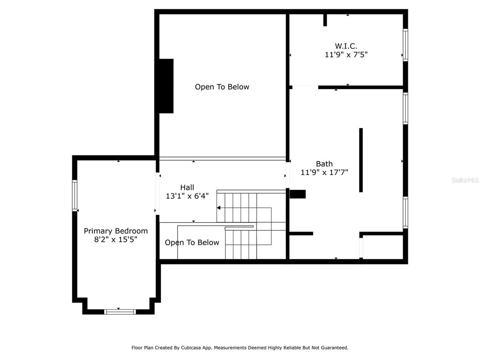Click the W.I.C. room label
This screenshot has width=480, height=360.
[x=346, y=46]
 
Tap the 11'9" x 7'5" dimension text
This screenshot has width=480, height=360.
[x=346, y=55]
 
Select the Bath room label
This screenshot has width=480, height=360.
[x=324, y=164]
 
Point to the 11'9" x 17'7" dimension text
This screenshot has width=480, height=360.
[x=324, y=172]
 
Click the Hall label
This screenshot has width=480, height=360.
[x=187, y=187]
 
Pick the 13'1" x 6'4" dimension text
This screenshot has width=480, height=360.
[x=187, y=196]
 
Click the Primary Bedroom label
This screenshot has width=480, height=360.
[x=116, y=231]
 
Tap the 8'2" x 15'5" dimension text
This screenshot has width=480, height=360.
[x=116, y=240]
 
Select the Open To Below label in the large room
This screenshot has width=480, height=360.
[x=222, y=87]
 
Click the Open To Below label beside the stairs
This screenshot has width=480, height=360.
[x=192, y=242]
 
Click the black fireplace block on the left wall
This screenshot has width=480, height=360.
[x=166, y=86]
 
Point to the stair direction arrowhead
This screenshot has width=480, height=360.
[x=218, y=208]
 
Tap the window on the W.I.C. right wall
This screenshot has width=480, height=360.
[x=405, y=45]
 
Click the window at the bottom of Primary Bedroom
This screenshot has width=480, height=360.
[x=120, y=312]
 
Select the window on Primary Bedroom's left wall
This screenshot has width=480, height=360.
[x=75, y=195]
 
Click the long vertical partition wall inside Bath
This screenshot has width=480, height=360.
[x=361, y=160]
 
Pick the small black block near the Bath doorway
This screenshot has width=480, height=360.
[x=298, y=194]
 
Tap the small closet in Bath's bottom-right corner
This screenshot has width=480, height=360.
[x=382, y=247]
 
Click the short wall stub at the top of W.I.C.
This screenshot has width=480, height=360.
[x=325, y=20]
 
